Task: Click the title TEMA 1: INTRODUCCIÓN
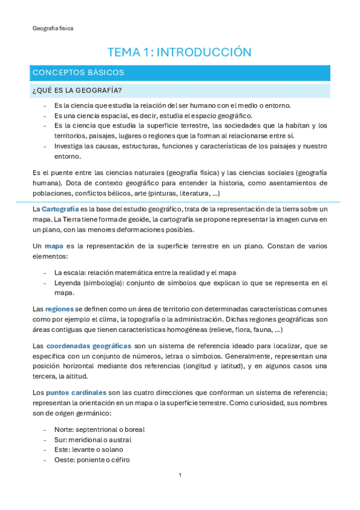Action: [x=179, y=52]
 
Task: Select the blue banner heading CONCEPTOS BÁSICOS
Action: [x=78, y=73]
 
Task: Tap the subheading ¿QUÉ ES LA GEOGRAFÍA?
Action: [x=77, y=91]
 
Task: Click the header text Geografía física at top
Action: [x=53, y=28]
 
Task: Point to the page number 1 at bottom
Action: [x=180, y=475]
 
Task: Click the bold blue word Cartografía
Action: [x=59, y=208]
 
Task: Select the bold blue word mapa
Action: [x=54, y=246]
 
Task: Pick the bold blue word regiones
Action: [x=59, y=309]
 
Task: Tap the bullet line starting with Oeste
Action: [x=92, y=460]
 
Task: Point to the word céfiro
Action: [x=119, y=460]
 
